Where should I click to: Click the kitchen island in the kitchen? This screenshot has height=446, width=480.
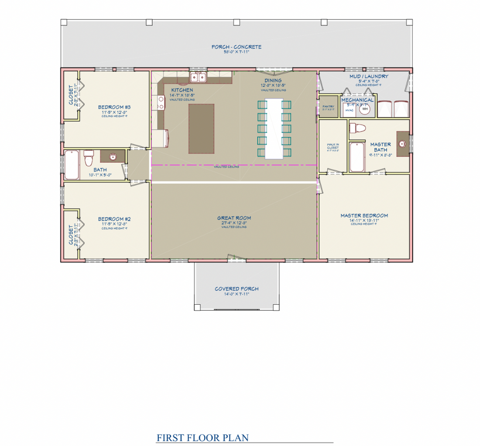tap(201, 129)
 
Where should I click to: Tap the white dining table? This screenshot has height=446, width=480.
tap(274, 129)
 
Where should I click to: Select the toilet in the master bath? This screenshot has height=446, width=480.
tap(357, 128)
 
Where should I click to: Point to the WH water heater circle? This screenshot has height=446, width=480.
tap(365, 109)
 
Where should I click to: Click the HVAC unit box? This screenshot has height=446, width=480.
tap(349, 110)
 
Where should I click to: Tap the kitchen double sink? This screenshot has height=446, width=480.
tap(198, 78)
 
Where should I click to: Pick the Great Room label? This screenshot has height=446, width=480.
tap(234, 218)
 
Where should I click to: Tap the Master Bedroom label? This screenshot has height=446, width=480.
tap(364, 215)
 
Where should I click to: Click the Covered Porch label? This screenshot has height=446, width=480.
tap(237, 289)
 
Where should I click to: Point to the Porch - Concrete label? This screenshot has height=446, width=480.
tap(237, 47)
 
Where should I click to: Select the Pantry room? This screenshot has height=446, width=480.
tap(328, 108)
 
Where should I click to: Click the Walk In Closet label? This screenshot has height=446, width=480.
tap(333, 146)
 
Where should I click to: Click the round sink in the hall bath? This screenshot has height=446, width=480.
tap(113, 156)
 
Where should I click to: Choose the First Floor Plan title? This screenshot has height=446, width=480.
tap(203, 438)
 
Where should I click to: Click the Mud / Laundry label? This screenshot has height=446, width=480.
tap(369, 76)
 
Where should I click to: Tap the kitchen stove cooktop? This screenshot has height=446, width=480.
tap(161, 103)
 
